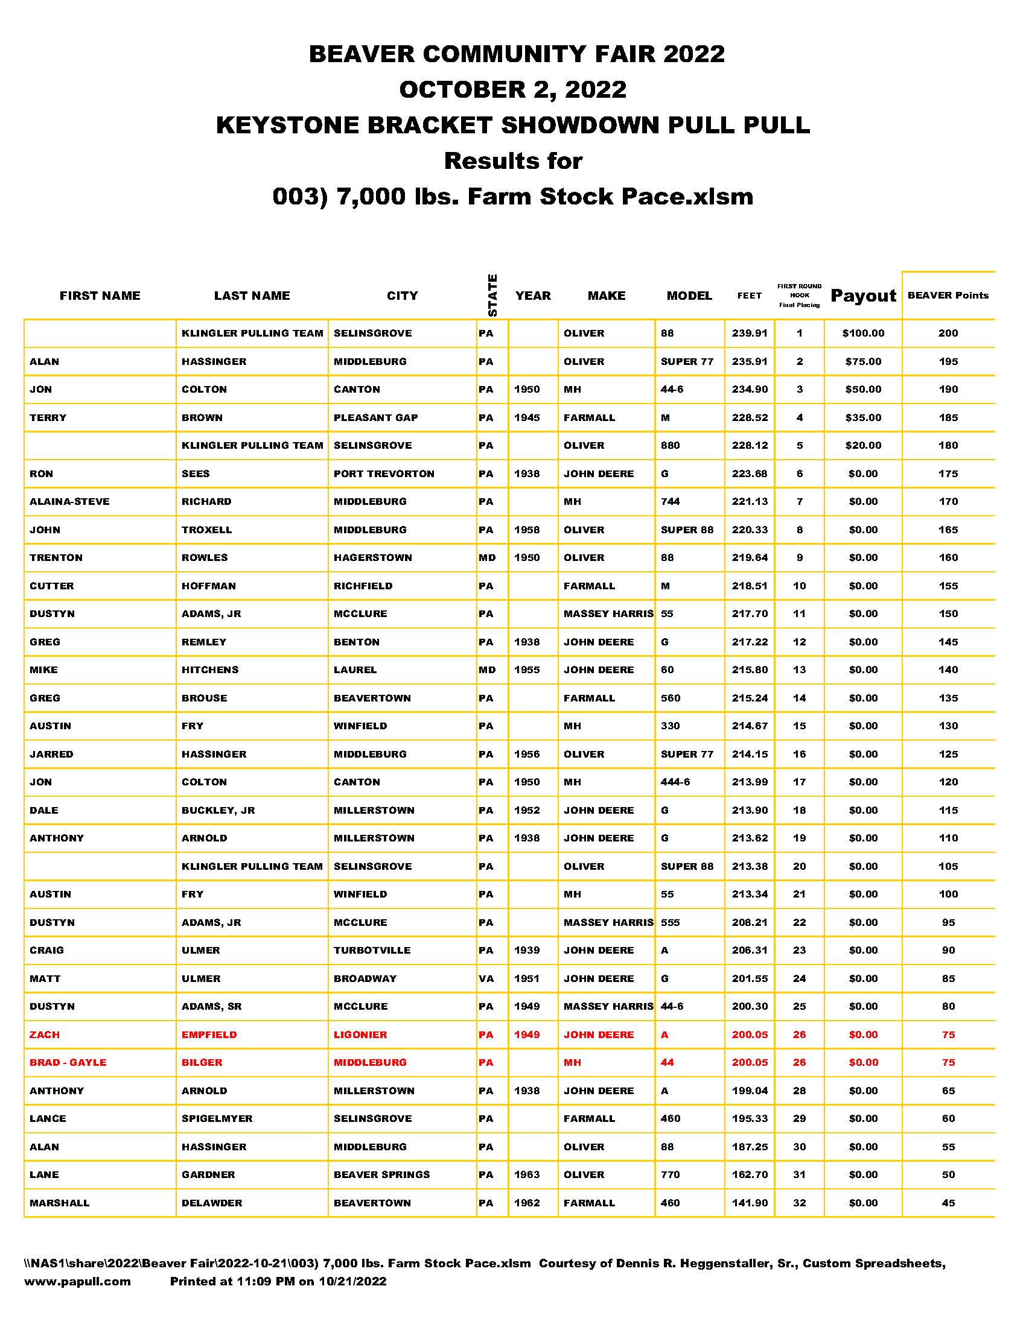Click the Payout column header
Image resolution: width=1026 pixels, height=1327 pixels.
pyautogui.click(x=863, y=296)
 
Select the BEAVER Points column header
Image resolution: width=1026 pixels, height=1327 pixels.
pyautogui.click(x=948, y=296)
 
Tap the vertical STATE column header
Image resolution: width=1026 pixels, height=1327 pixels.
pyautogui.click(x=493, y=296)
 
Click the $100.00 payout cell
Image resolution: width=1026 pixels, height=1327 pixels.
pyautogui.click(x=863, y=333)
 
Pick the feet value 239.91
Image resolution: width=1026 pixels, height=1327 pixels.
pyautogui.click(x=750, y=333)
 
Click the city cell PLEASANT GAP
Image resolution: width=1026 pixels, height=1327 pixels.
pyautogui.click(x=375, y=417)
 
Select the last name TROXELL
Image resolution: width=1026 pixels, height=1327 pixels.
pyautogui.click(x=206, y=530)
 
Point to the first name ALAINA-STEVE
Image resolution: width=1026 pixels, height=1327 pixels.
pyautogui.click(x=70, y=501)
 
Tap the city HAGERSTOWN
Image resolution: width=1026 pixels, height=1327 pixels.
pyautogui.click(x=372, y=557)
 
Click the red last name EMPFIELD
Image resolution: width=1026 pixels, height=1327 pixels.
pyautogui.click(x=209, y=1034)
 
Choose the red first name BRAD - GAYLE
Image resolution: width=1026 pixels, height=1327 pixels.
pyautogui.click(x=68, y=1062)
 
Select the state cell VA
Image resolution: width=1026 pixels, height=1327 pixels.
pyautogui.click(x=486, y=978)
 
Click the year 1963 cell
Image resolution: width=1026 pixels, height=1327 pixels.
pyautogui.click(x=527, y=1174)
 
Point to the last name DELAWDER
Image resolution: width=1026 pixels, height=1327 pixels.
pyautogui.click(x=211, y=1202)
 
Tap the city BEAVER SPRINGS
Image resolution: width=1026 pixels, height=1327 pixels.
pyautogui.click(x=381, y=1174)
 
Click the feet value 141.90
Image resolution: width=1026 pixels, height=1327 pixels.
pyautogui.click(x=750, y=1202)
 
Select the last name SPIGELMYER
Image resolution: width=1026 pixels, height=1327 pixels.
pyautogui.click(x=217, y=1118)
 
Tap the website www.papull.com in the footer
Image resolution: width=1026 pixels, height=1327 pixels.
pyautogui.click(x=77, y=1281)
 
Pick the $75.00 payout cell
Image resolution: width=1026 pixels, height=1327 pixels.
pyautogui.click(x=863, y=361)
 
